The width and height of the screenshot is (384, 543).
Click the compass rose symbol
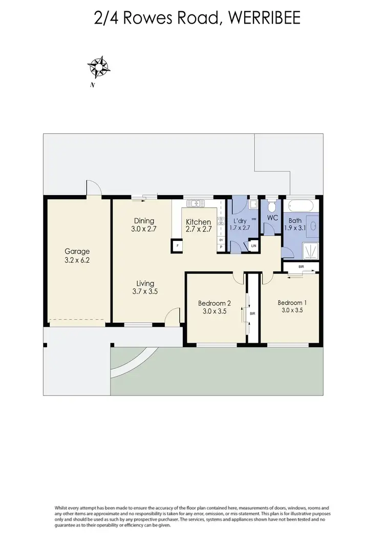99,67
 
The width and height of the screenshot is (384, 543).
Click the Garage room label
77,251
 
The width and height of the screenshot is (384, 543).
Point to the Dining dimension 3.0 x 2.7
143,229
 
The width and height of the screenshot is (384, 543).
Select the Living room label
145,283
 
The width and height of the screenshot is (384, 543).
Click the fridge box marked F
177,246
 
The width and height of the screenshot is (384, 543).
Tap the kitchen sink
195,203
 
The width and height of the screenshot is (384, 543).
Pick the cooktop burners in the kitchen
221,221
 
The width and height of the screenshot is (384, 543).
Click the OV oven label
221,239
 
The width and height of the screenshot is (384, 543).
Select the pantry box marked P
221,247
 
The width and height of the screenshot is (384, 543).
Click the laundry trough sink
253,205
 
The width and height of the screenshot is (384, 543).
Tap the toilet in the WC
271,206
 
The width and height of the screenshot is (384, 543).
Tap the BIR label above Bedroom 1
301,267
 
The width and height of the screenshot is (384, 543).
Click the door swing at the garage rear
94,189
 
